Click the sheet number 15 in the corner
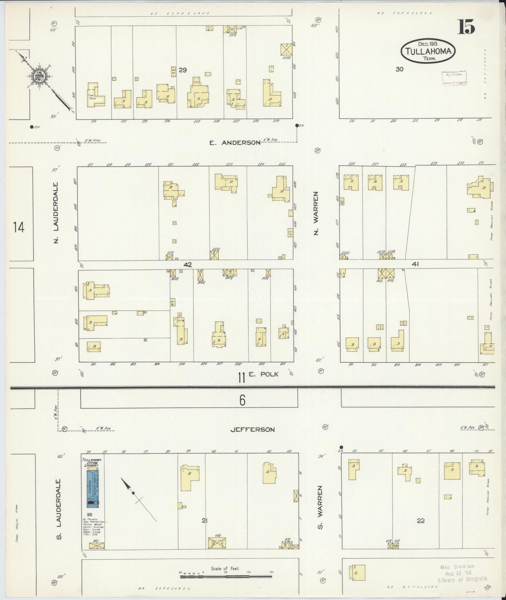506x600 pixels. pyautogui.click(x=466, y=27)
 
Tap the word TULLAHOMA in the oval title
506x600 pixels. pyautogui.click(x=428, y=51)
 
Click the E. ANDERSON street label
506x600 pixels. pyautogui.click(x=235, y=142)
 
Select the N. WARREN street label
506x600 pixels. pyautogui.click(x=316, y=213)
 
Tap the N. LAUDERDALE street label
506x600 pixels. pyautogui.click(x=56, y=212)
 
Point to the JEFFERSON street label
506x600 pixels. pyautogui.click(x=252, y=429)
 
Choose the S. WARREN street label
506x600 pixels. pyautogui.click(x=319, y=507)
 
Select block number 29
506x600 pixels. pyautogui.click(x=182, y=70)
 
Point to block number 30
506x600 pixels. pyautogui.click(x=399, y=69)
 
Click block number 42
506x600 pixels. pyautogui.click(x=188, y=265)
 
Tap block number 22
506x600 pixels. pyautogui.click(x=421, y=521)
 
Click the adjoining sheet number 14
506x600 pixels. pyautogui.click(x=19, y=228)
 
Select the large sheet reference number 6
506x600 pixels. pyautogui.click(x=242, y=400)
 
